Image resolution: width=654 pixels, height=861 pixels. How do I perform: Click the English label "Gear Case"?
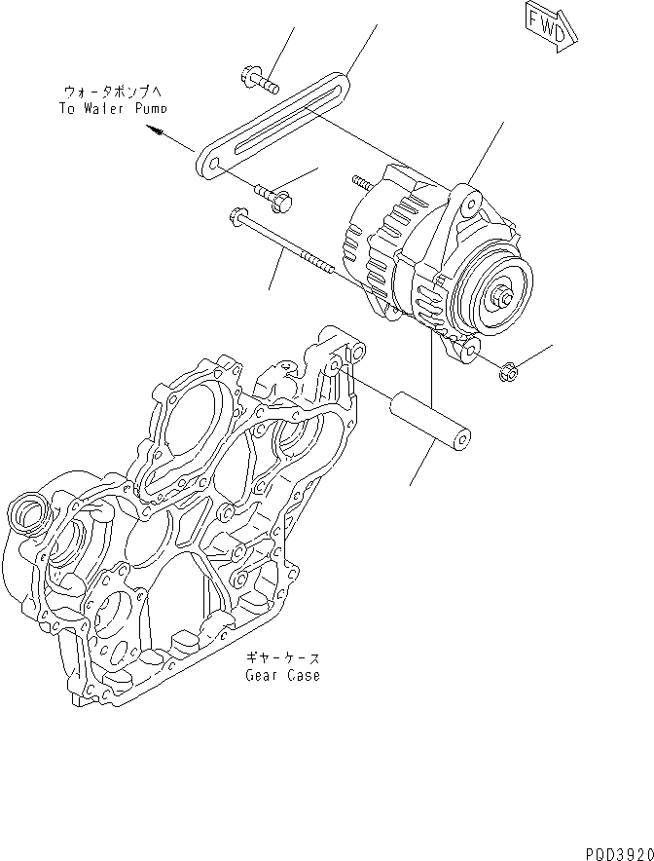pos(281,675)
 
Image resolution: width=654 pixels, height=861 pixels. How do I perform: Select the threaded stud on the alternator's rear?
pos(365,182)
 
